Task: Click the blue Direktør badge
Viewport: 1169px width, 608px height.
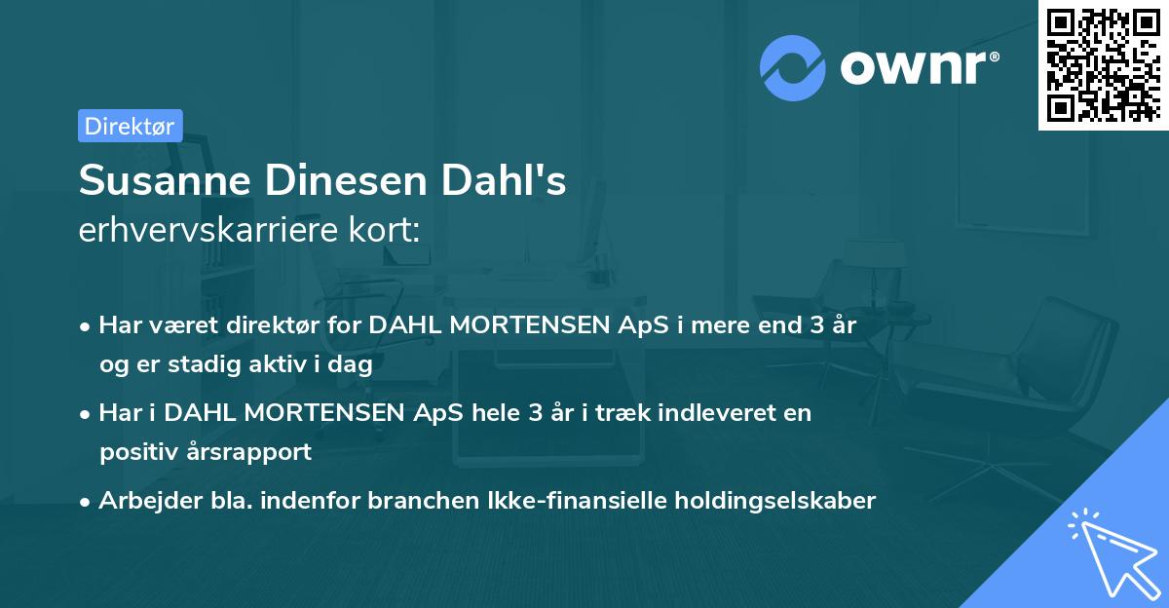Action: [130, 126]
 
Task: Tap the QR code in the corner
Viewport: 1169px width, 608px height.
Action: [1102, 64]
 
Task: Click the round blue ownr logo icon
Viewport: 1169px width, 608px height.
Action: [793, 67]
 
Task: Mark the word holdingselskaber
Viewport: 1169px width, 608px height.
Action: [780, 501]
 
